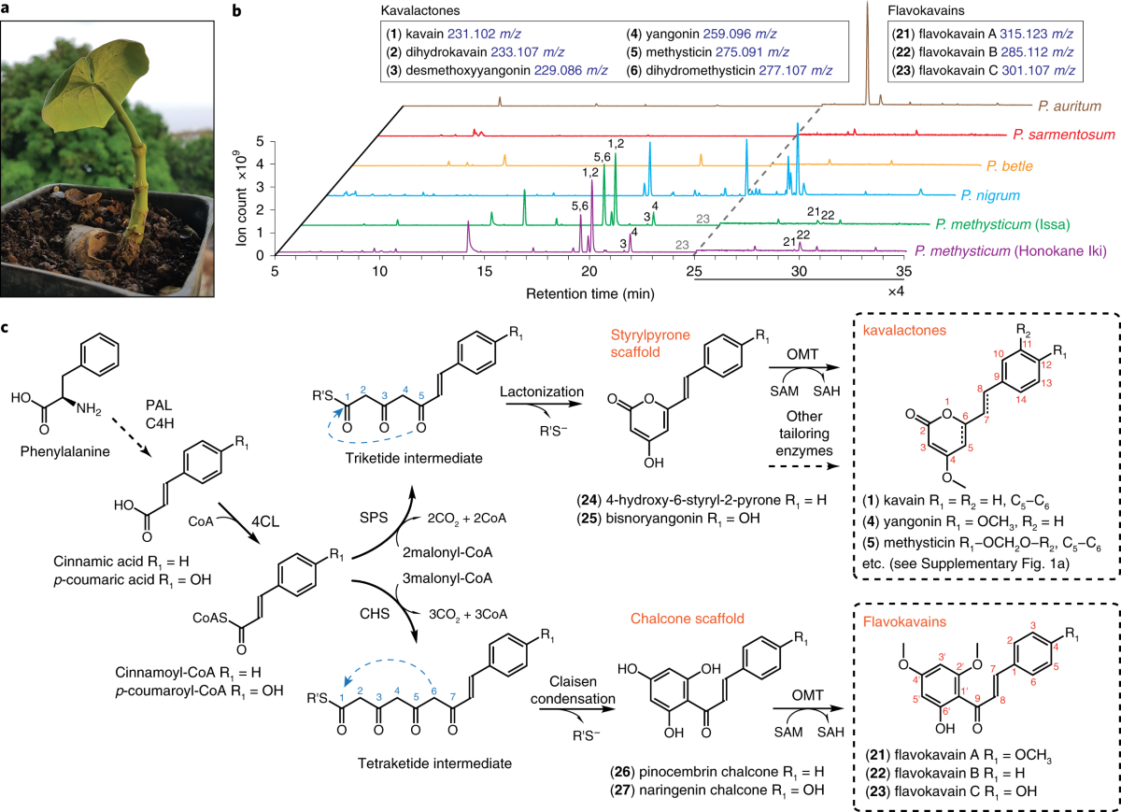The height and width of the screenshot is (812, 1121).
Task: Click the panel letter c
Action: point(8,329)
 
